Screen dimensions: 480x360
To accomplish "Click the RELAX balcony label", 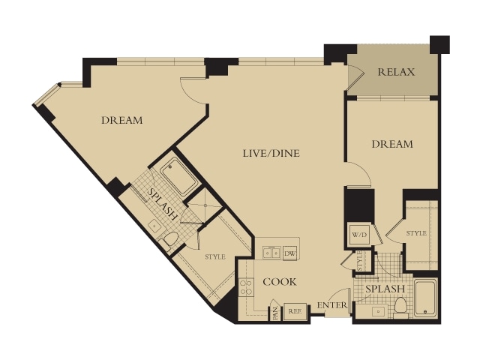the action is pyautogui.click(x=396, y=72).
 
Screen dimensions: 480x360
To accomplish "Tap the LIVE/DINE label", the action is pyautogui.click(x=271, y=153).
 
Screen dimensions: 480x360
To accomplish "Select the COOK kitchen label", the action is pyautogui.click(x=280, y=282).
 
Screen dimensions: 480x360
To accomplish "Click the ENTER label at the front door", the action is pyautogui.click(x=332, y=305).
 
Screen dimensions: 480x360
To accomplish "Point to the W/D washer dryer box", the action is pyautogui.click(x=359, y=235).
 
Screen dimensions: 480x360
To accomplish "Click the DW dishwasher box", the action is pyautogui.click(x=289, y=253).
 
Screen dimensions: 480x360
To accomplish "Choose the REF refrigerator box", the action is pyautogui.click(x=295, y=311).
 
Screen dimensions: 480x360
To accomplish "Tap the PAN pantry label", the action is pyautogui.click(x=275, y=313).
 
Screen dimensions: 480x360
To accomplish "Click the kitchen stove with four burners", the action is pyautogui.click(x=246, y=287).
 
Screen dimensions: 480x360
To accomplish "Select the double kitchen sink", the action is pyautogui.click(x=271, y=253).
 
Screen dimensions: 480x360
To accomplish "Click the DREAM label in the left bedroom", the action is pyautogui.click(x=122, y=120).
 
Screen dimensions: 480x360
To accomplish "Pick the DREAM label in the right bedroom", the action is pyautogui.click(x=392, y=144).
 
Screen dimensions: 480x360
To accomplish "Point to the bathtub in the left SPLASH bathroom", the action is pyautogui.click(x=178, y=175).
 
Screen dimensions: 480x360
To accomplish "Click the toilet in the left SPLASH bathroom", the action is pyautogui.click(x=168, y=241).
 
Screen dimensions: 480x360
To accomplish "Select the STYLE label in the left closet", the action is pyautogui.click(x=215, y=256).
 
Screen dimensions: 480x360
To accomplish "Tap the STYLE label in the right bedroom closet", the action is pyautogui.click(x=416, y=233).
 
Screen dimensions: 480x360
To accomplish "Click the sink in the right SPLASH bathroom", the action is pyautogui.click(x=378, y=312).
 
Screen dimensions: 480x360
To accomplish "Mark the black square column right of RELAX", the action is pyautogui.click(x=440, y=45).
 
